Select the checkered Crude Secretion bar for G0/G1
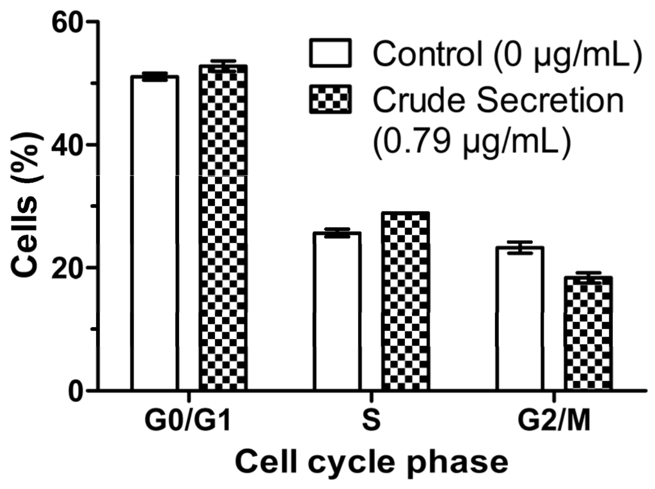pos(223,227)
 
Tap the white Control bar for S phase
pos(337,311)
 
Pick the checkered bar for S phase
pos(406,301)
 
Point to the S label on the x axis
pos(371,424)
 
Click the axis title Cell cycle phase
pos(371,461)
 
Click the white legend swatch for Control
pos(331,54)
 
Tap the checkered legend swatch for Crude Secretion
pos(331,100)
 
